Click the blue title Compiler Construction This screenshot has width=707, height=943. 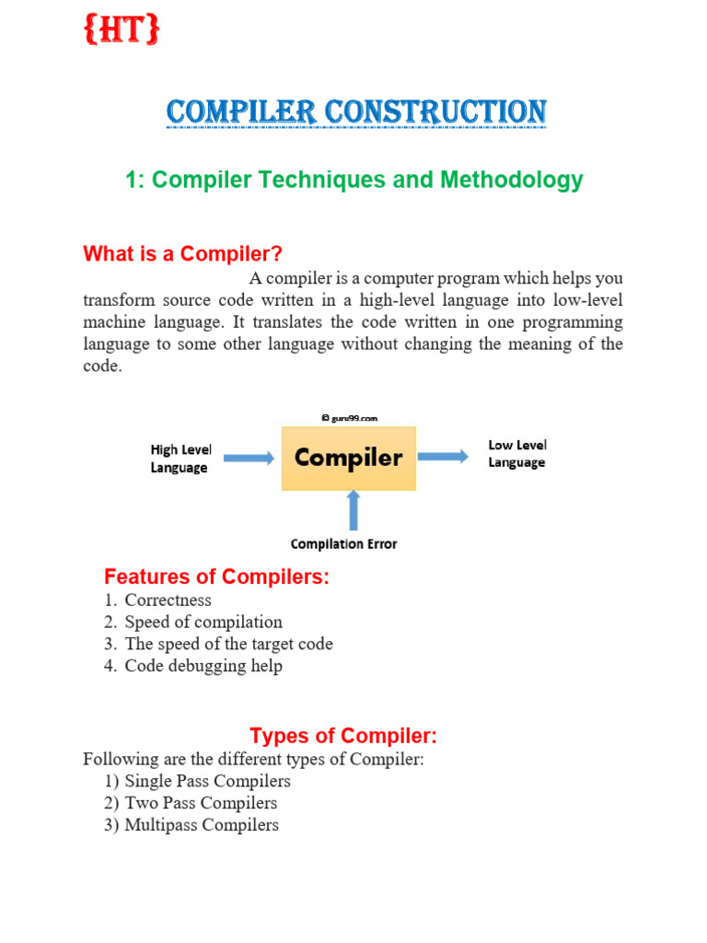(356, 112)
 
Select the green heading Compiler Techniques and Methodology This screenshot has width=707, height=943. (354, 180)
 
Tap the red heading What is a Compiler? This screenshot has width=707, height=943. (182, 253)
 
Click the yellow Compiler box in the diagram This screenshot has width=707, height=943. (348, 458)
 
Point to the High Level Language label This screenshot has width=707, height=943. (180, 459)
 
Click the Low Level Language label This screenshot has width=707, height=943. (516, 454)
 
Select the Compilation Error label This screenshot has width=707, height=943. (343, 544)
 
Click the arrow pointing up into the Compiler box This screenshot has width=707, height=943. (352, 511)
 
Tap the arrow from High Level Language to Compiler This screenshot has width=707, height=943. (249, 458)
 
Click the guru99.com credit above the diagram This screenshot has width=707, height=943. (349, 417)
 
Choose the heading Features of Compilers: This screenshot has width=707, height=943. (216, 577)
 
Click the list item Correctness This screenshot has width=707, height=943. (168, 600)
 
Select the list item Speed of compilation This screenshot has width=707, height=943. (203, 623)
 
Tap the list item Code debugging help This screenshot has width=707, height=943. (203, 666)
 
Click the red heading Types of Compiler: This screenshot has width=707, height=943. (342, 736)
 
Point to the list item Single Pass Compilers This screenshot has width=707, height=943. (207, 782)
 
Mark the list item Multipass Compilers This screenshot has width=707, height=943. (202, 825)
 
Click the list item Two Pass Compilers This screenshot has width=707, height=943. (201, 803)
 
